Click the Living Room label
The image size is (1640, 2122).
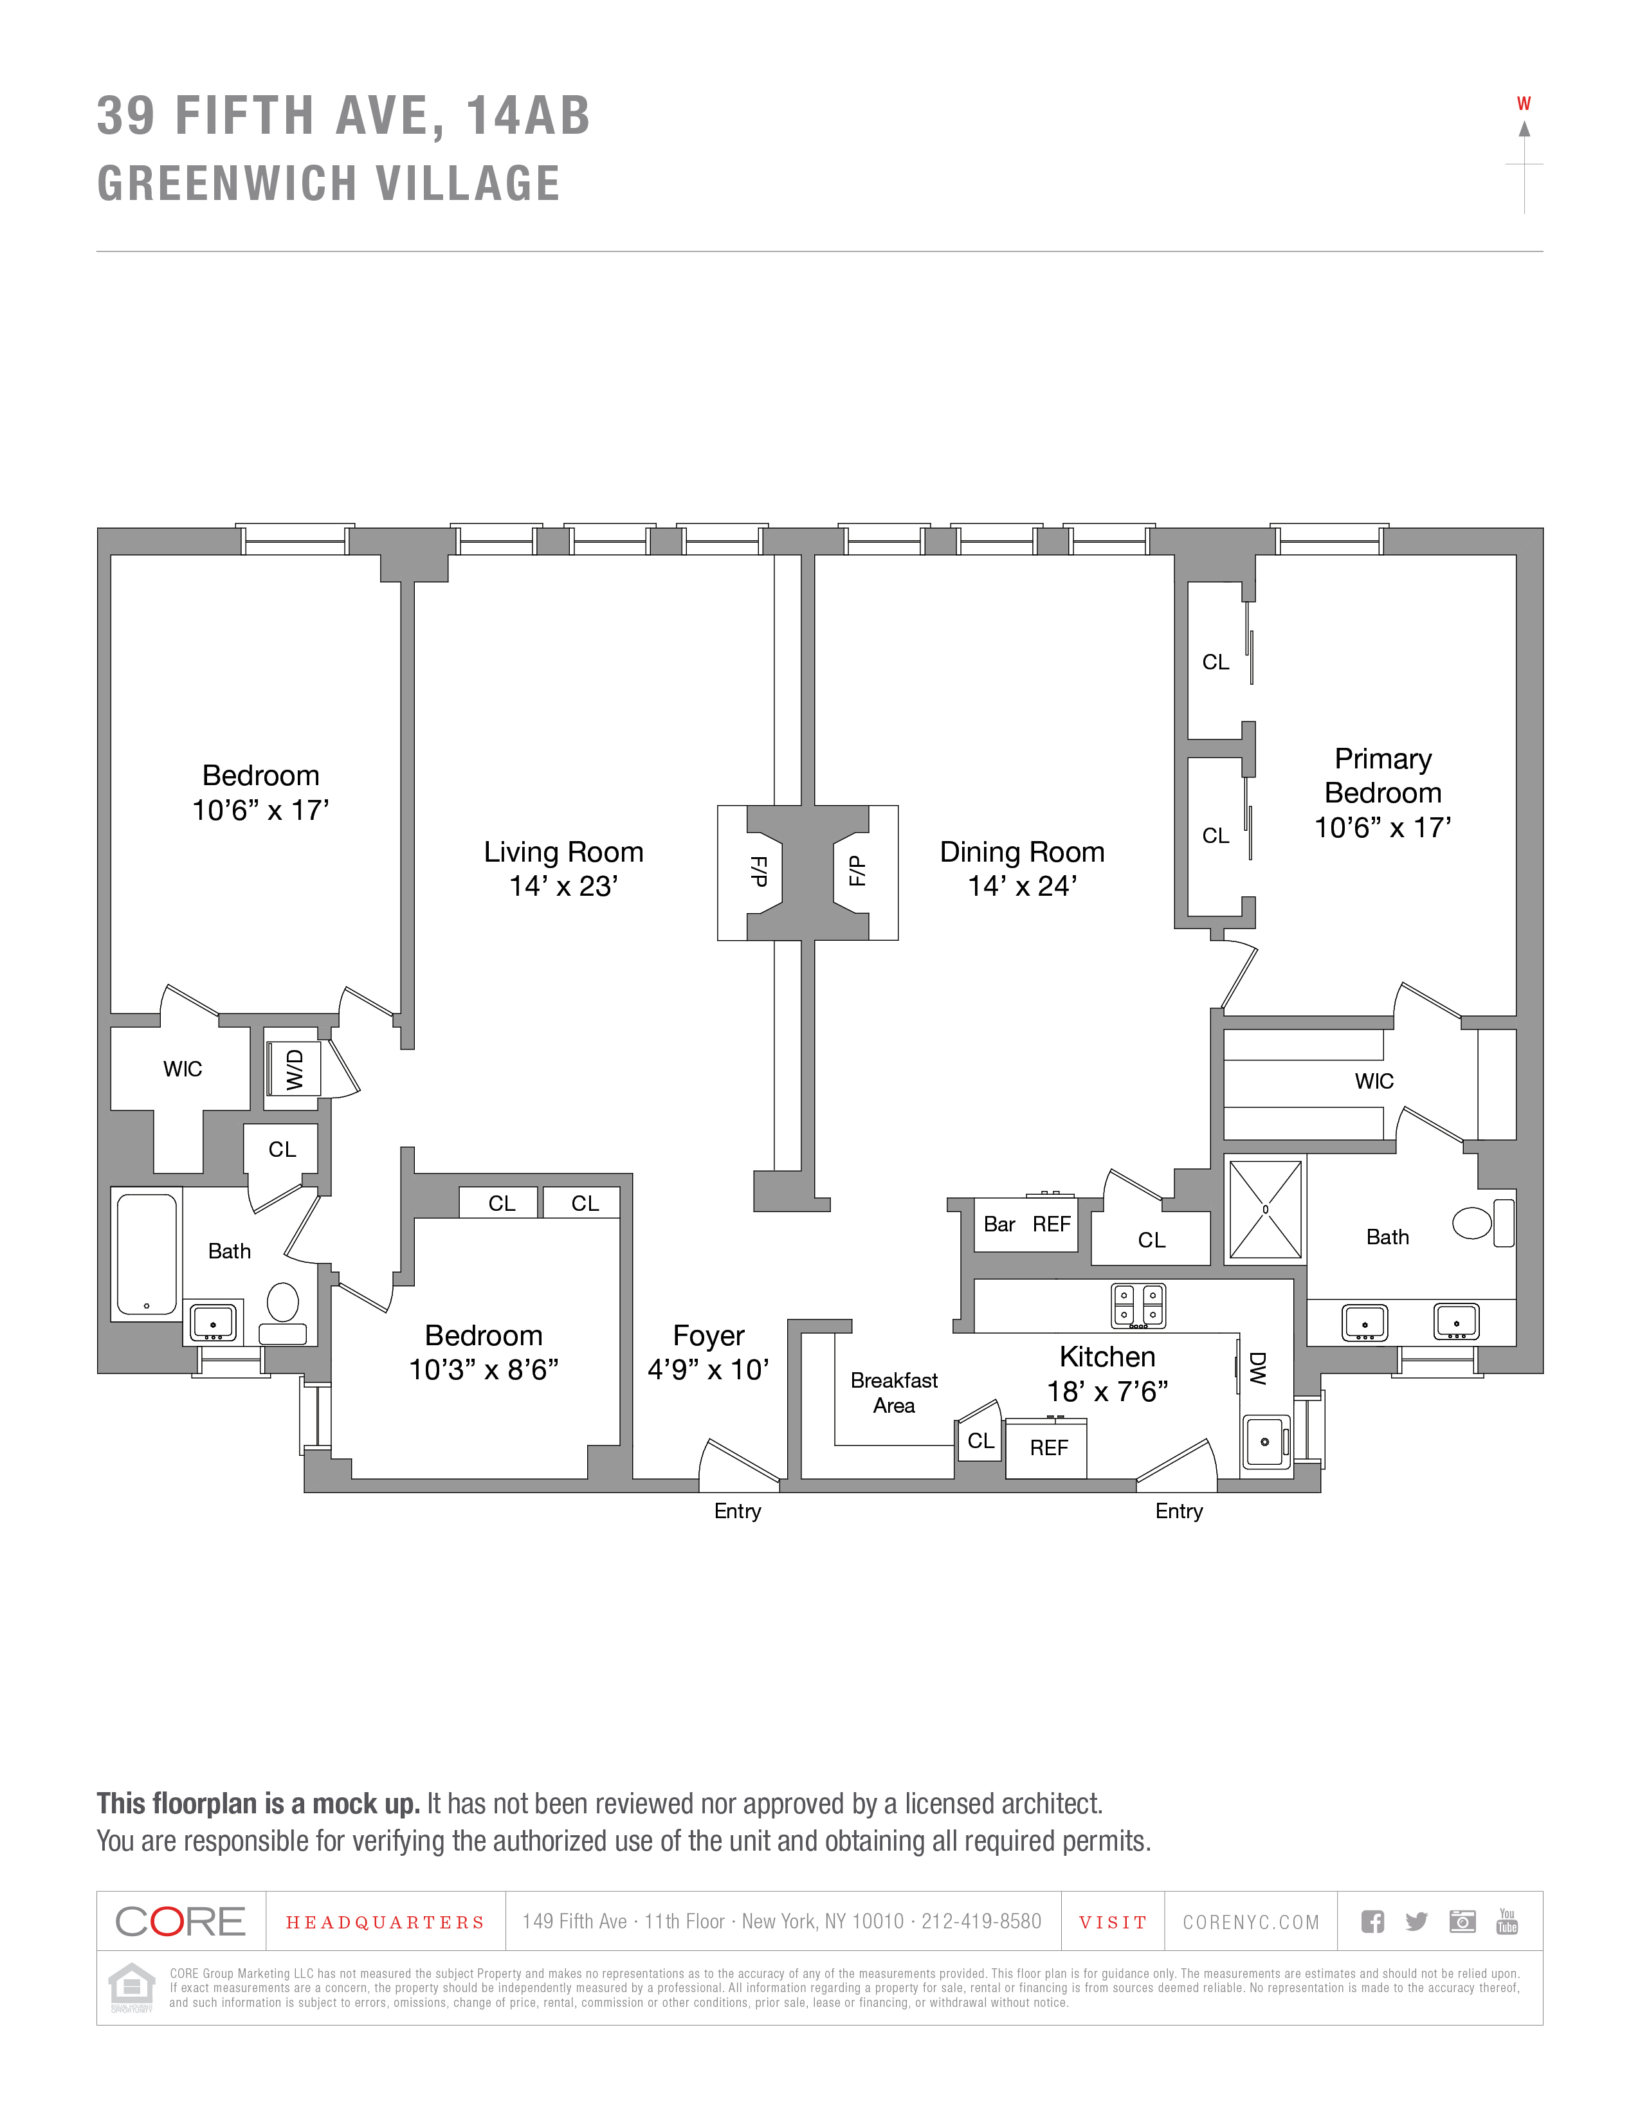tap(563, 852)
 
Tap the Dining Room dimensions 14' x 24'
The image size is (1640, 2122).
tap(1022, 886)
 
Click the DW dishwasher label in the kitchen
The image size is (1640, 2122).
tap(1258, 1368)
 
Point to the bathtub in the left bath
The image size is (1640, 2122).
tap(147, 1253)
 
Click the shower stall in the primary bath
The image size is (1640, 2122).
tap(1265, 1210)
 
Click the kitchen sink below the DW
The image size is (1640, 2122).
tap(1265, 1441)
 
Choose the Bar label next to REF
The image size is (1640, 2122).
tap(999, 1224)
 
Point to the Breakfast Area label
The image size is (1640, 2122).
tap(894, 1392)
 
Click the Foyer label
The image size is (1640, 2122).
tap(708, 1336)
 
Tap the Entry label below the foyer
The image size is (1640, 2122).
tap(738, 1511)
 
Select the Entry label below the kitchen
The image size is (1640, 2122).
tap(1178, 1511)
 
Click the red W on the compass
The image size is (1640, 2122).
tap(1524, 104)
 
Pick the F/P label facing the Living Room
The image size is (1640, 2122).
tap(760, 871)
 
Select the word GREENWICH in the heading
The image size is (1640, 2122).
tap(225, 184)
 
